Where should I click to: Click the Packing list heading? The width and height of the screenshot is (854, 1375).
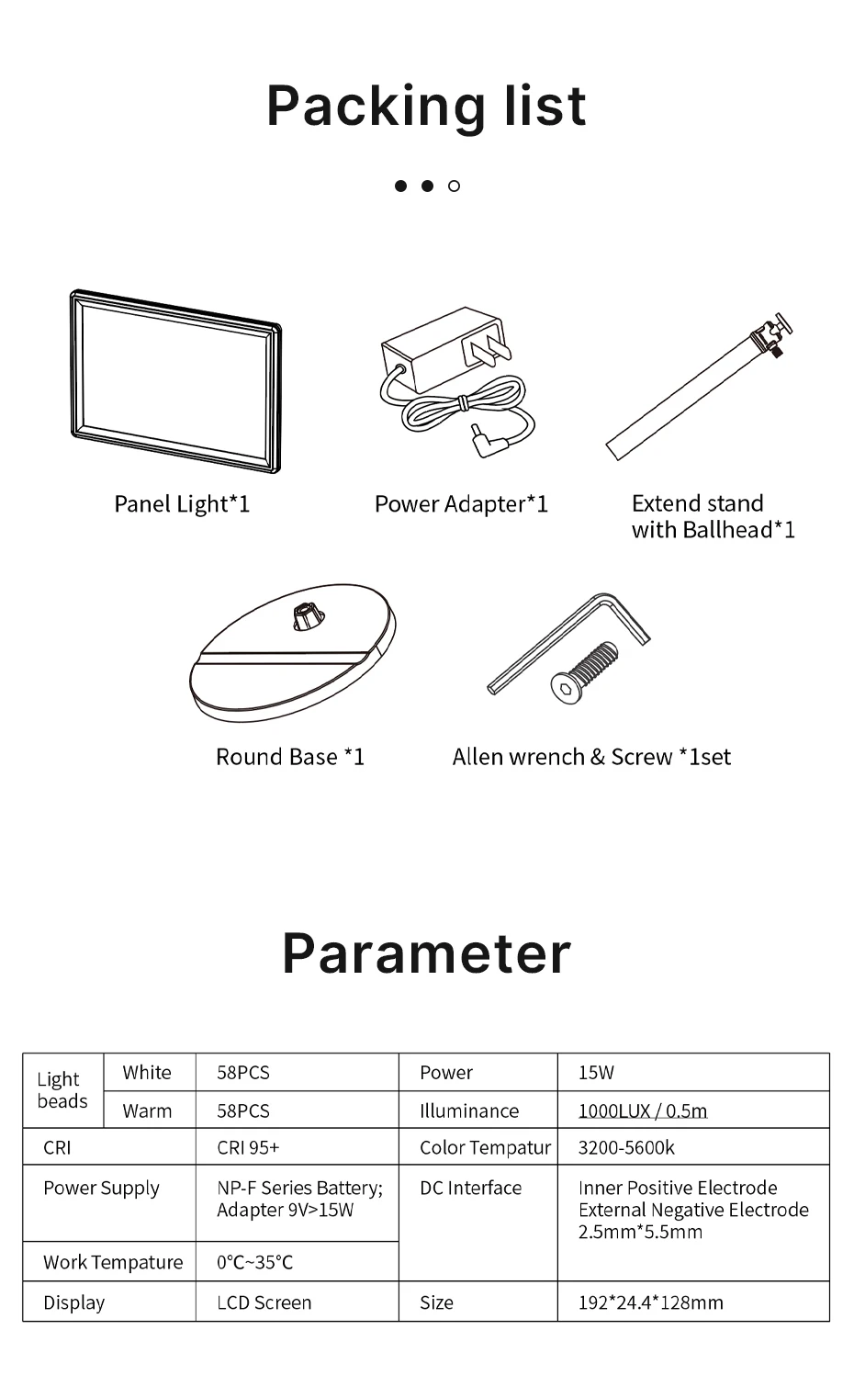pyautogui.click(x=426, y=106)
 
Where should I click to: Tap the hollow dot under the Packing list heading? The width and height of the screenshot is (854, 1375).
pyautogui.click(x=454, y=186)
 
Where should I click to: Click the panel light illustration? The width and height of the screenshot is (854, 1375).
pyautogui.click(x=175, y=380)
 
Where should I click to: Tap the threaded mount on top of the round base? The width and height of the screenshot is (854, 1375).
pyautogui.click(x=304, y=615)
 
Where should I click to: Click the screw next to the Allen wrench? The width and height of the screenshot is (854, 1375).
pyautogui.click(x=584, y=671)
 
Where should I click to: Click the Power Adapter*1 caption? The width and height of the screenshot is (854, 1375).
pyautogui.click(x=461, y=504)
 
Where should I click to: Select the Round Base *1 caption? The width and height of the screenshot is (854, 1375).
pyautogui.click(x=290, y=757)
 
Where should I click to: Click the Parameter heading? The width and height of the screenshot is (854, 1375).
pyautogui.click(x=426, y=952)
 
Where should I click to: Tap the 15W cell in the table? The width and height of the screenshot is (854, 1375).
pyautogui.click(x=596, y=1072)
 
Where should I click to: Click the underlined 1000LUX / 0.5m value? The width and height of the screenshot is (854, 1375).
pyautogui.click(x=643, y=1110)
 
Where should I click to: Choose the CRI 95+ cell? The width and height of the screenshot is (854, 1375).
pyautogui.click(x=248, y=1147)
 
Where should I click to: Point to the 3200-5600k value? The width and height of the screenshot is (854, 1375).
pyautogui.click(x=626, y=1147)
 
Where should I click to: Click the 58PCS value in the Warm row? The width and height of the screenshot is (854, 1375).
pyautogui.click(x=243, y=1110)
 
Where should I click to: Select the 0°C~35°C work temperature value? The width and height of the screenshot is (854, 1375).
pyautogui.click(x=255, y=1262)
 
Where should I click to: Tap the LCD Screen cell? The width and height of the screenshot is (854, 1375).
pyautogui.click(x=264, y=1302)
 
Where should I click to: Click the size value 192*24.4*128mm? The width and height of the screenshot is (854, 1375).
pyautogui.click(x=651, y=1302)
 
